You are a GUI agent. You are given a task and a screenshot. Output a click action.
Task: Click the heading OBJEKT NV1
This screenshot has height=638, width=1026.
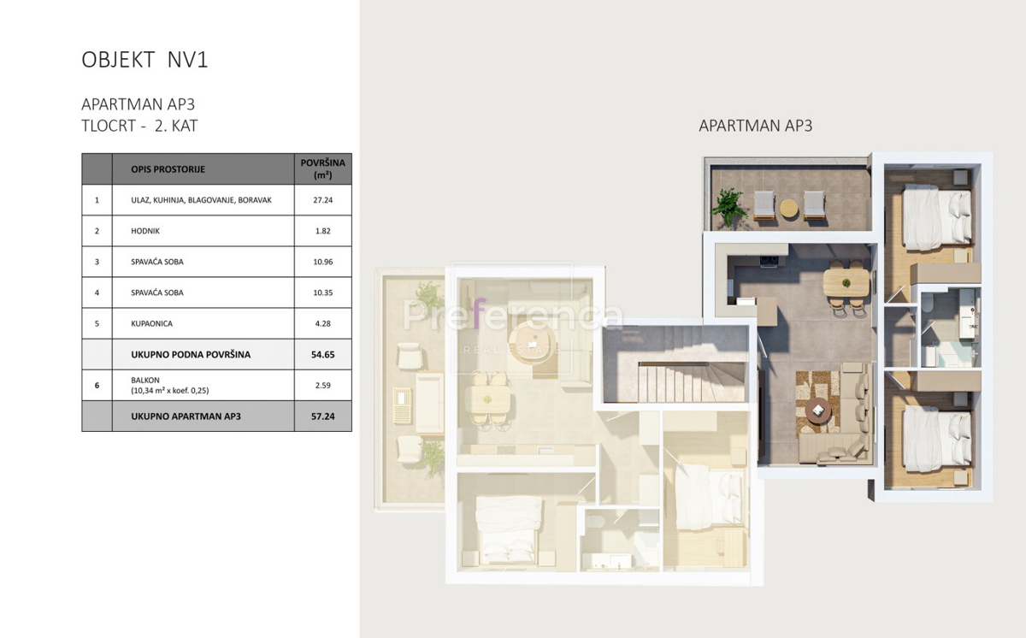[x=144, y=60]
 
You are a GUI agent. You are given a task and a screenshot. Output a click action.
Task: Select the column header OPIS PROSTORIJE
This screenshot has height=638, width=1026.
[x=168, y=169]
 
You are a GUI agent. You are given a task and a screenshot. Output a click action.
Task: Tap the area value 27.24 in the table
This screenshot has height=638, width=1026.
[x=323, y=199]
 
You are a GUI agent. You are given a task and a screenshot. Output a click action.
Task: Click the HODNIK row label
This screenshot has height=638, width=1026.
[x=145, y=231]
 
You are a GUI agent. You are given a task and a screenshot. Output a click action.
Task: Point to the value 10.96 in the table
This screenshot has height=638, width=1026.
[x=323, y=262]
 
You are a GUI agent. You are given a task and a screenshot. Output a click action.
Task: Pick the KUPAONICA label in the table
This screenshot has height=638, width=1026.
[x=151, y=323]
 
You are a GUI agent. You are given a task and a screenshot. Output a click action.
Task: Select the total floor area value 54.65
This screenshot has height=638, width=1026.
[x=323, y=354]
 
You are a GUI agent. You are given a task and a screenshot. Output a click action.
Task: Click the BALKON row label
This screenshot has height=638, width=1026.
[x=145, y=380]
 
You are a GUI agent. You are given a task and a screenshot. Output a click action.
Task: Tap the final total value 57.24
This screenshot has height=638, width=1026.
[x=323, y=416]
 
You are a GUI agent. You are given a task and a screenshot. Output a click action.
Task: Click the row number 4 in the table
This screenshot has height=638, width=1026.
[x=97, y=292]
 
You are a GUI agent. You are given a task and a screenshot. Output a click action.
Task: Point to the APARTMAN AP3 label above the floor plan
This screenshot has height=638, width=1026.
[x=755, y=126]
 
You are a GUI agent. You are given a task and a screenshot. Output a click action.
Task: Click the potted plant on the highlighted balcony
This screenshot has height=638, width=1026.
[x=727, y=207]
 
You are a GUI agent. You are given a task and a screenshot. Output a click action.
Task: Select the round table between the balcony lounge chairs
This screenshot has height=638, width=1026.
[x=788, y=209]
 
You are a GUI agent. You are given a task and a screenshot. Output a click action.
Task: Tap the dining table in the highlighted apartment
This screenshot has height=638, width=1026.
[x=846, y=282]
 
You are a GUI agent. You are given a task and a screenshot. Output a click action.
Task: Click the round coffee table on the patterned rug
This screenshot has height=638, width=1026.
[x=817, y=409]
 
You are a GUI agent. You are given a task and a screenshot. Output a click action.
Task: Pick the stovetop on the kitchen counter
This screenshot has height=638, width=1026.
[x=769, y=260]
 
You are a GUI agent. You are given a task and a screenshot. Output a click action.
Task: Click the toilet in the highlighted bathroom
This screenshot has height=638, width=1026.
[x=927, y=303]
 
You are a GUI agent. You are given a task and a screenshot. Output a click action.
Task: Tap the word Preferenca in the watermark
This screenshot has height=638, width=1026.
[x=513, y=315]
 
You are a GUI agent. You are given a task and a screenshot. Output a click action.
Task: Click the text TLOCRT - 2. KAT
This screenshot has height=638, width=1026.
[x=139, y=126]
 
